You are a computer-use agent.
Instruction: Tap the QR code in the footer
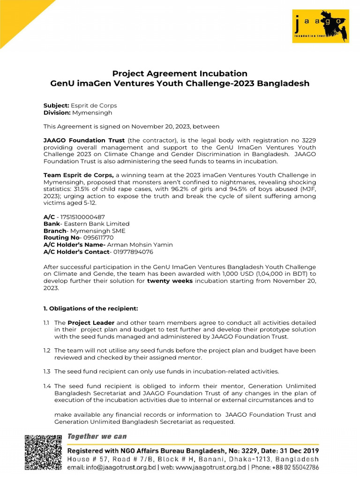click(43, 452)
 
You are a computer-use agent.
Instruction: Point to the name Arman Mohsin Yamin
click(140, 245)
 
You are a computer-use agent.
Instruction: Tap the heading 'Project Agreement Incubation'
click(180, 74)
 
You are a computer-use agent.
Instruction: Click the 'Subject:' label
click(56, 105)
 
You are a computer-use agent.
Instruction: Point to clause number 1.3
click(47, 371)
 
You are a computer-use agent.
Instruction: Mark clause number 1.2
click(47, 350)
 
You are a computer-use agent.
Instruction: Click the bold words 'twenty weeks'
click(170, 281)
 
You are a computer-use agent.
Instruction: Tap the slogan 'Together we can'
click(97, 436)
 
